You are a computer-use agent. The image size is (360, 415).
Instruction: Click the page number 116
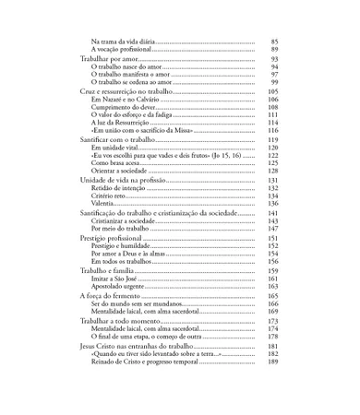pos(273,131)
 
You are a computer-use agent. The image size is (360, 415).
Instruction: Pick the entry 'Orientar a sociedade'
pos(120,172)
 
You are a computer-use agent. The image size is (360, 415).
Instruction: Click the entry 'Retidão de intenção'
pos(118,187)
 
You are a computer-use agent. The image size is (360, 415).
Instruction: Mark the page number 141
pos(273,213)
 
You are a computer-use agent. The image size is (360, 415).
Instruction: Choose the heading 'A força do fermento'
pos(116,295)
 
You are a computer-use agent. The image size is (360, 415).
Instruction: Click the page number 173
pos(273,320)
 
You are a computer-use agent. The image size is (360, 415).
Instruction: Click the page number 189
pos(273,361)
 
